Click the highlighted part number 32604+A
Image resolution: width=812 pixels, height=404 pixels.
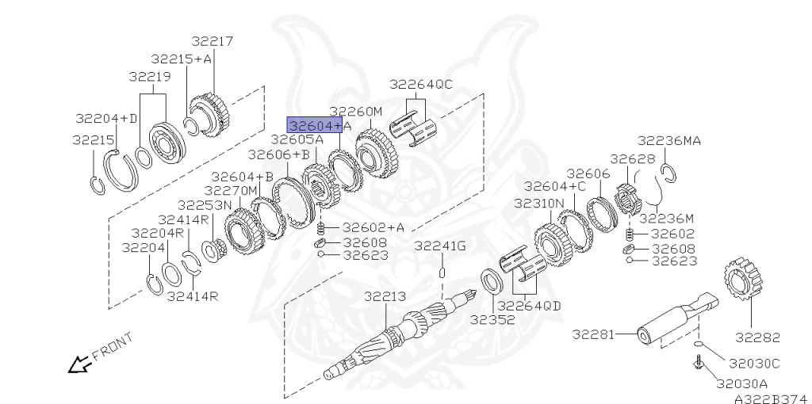click(315, 125)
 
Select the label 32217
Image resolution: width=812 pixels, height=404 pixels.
click(213, 41)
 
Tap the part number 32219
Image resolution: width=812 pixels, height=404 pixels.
click(150, 77)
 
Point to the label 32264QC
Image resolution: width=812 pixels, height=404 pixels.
click(421, 84)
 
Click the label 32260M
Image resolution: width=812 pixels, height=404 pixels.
click(356, 111)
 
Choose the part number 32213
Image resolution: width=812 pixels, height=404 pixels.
click(385, 296)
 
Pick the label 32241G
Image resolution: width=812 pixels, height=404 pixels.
click(440, 246)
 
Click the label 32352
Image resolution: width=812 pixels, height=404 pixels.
click(492, 320)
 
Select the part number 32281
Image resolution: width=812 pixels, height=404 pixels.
click(593, 334)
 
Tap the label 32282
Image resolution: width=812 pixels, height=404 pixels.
click(757, 337)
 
